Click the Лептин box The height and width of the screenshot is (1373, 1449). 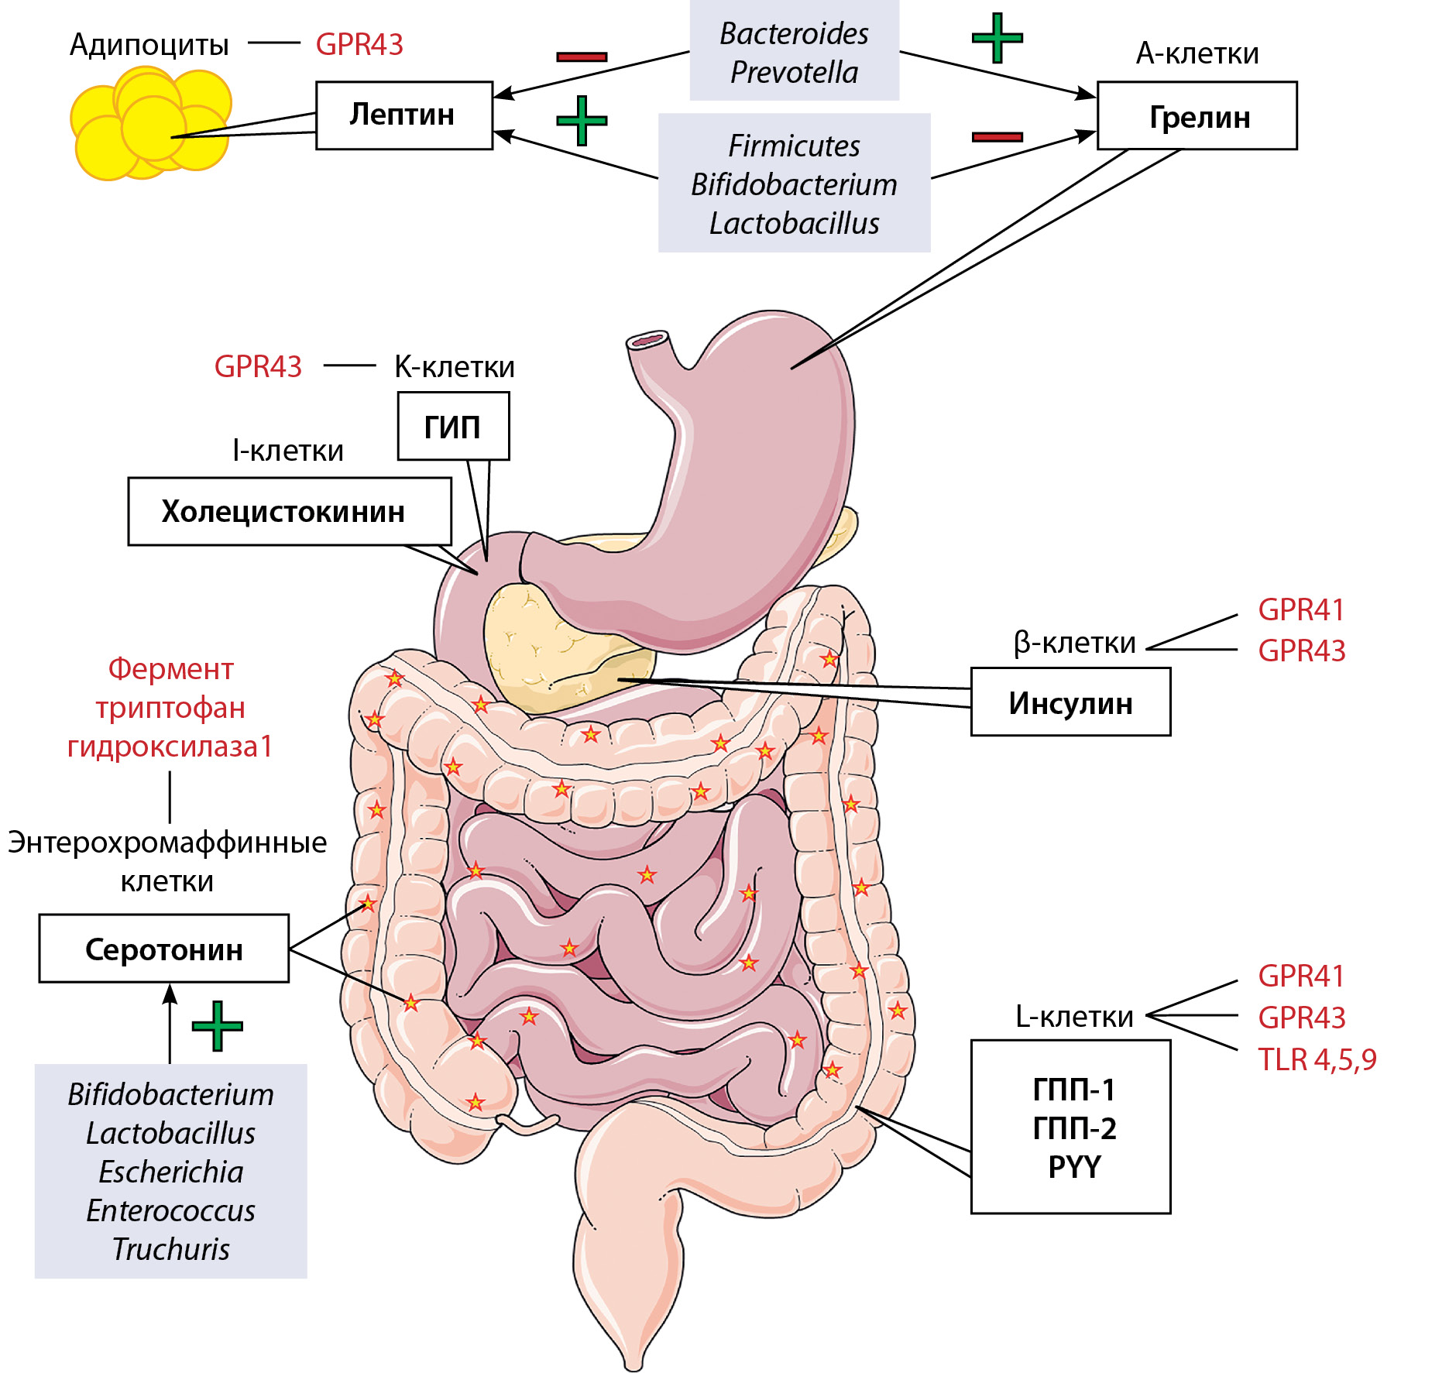[x=403, y=115]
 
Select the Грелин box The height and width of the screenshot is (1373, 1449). [x=1197, y=116]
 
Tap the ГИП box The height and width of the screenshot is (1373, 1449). [x=453, y=427]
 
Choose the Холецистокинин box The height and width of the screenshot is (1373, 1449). [x=289, y=511]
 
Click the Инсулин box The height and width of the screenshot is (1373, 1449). [x=1070, y=702]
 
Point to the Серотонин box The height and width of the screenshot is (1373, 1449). [x=164, y=949]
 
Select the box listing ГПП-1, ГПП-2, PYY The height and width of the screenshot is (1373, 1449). [x=1070, y=1127]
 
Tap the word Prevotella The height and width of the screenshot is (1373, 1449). [x=794, y=72]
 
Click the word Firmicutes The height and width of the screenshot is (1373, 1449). [x=794, y=146]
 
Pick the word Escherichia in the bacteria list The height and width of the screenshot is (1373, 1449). [x=170, y=1172]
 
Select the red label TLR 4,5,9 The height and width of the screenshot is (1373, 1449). [x=1317, y=1059]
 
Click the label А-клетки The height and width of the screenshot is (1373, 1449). [x=1197, y=53]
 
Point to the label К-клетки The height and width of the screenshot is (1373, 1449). [x=455, y=366]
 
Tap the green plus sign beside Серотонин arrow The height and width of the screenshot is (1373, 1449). [x=217, y=1026]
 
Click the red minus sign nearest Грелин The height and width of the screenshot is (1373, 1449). [x=997, y=137]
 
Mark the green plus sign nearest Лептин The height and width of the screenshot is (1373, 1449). [x=582, y=121]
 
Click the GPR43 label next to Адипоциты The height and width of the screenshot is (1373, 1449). [x=359, y=44]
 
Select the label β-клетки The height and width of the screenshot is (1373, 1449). [x=1074, y=643]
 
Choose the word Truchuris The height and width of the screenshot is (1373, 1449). [x=170, y=1249]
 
